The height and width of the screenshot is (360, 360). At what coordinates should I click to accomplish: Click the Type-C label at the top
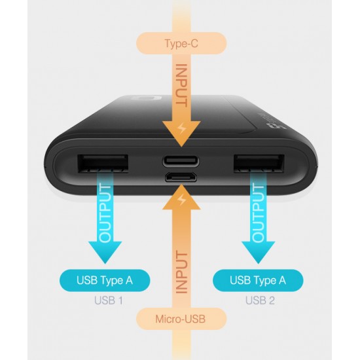point(181,43)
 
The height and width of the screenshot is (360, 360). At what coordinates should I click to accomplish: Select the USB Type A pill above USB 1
point(105,281)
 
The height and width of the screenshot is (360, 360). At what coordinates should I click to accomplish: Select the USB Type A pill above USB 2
point(258,281)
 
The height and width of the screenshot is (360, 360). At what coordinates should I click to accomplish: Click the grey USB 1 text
point(109,300)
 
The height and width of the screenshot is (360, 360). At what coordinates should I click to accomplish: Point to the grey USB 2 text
point(260,300)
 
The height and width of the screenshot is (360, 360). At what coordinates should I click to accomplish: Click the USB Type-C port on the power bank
point(181,161)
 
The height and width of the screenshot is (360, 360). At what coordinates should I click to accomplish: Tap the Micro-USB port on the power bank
point(181,177)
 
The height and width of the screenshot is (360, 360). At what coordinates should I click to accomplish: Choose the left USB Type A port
point(103,164)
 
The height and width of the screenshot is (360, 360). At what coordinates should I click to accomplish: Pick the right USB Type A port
point(259,164)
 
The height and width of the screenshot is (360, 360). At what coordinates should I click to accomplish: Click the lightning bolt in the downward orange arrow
point(182,128)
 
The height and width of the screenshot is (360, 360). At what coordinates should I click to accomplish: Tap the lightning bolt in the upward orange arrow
point(182,200)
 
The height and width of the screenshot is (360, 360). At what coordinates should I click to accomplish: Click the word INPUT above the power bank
point(181,85)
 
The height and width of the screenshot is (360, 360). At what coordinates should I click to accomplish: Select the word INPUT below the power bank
point(181,273)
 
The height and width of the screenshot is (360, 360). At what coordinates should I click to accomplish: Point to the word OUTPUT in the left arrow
point(105,213)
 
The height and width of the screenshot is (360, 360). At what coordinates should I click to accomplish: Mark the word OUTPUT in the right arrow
point(258,213)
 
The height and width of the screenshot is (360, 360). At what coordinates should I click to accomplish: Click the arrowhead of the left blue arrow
point(105,252)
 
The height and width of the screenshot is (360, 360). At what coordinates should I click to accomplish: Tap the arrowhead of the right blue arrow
point(259,252)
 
